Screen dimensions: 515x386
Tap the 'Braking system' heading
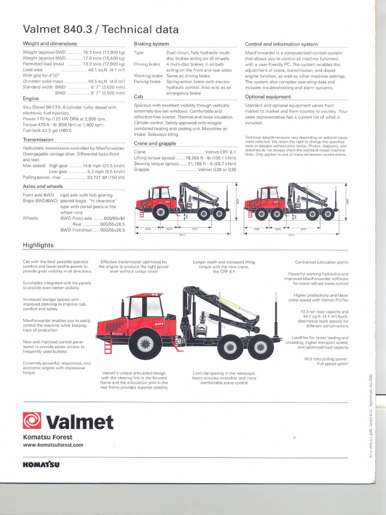pyautogui.click(x=151, y=44)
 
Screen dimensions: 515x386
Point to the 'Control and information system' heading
pyautogui.click(x=281, y=44)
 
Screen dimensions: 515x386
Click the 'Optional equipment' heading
pyautogui.click(x=268, y=97)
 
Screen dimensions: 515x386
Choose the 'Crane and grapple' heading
pyautogui.click(x=155, y=143)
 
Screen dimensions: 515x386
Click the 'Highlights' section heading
pyautogui.click(x=38, y=245)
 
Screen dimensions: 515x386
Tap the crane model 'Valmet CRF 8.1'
pyautogui.click(x=220, y=151)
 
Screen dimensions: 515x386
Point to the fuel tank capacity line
pyautogui.click(x=48, y=130)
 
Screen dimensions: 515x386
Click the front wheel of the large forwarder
pyautogui.click(x=145, y=344)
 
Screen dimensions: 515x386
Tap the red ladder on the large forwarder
pyautogui.click(x=108, y=346)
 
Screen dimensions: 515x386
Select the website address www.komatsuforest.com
pyautogui.click(x=53, y=445)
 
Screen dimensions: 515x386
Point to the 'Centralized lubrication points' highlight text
pyautogui.click(x=322, y=262)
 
